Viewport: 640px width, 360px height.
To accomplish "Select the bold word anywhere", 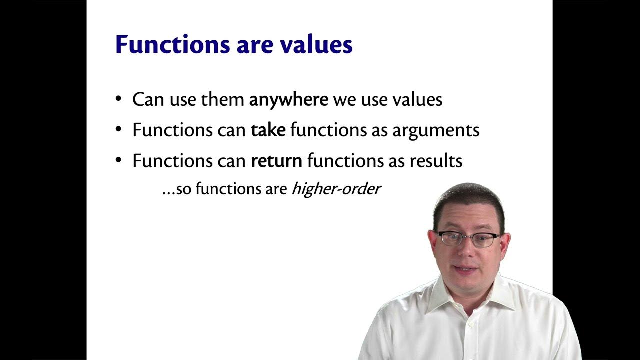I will pyautogui.click(x=288, y=100).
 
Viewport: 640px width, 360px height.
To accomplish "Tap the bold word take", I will pyautogui.click(x=268, y=130).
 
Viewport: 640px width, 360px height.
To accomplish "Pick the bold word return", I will pyautogui.click(x=276, y=161).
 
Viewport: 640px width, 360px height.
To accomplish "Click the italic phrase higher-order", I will pyautogui.click(x=336, y=189).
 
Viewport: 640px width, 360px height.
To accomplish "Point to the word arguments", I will pyautogui.click(x=436, y=131).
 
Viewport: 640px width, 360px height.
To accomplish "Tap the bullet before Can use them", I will pyautogui.click(x=118, y=99).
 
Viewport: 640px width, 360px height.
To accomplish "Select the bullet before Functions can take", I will pyautogui.click(x=118, y=129).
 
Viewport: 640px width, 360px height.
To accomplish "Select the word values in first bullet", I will pyautogui.click(x=417, y=100).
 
